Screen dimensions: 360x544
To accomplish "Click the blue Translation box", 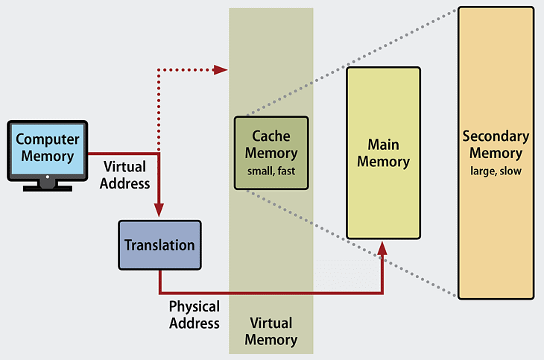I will tap(159, 244).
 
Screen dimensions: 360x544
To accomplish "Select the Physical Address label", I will tap(194, 315).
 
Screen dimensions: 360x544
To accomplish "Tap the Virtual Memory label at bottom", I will tap(271, 332).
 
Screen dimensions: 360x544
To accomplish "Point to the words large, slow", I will tap(496, 171).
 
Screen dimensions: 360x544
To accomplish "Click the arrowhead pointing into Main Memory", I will tap(382, 247).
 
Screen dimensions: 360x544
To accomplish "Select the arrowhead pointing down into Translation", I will tap(159, 212).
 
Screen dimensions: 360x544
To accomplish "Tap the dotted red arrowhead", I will tap(220, 70).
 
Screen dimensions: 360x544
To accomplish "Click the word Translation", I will tap(159, 245).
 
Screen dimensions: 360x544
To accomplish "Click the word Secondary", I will tap(496, 136).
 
